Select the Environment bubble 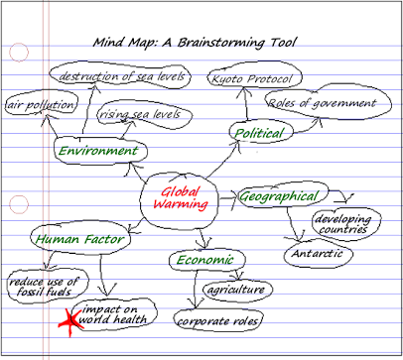(97, 151)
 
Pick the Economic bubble (205, 260)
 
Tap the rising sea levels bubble (139, 115)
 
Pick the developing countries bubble (340, 223)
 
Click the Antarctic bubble (316, 254)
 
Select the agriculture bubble (235, 290)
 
